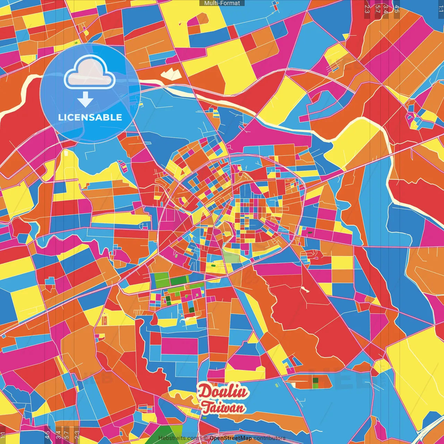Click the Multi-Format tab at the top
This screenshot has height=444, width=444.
click(222, 3)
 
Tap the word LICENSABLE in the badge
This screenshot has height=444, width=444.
click(90, 117)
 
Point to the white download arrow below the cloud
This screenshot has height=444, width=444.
click(85, 100)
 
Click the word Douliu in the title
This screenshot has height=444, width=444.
click(223, 392)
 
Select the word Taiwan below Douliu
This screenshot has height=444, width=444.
click(223, 408)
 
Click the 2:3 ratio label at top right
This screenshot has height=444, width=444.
click(367, 9)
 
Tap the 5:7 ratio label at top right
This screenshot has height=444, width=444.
click(377, 9)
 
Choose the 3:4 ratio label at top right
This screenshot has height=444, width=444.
click(386, 9)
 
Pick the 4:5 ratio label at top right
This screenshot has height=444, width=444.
click(397, 9)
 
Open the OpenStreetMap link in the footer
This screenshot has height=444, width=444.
click(231, 438)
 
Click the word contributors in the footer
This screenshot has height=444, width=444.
click(270, 438)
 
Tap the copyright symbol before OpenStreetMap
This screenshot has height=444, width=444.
click(206, 438)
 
